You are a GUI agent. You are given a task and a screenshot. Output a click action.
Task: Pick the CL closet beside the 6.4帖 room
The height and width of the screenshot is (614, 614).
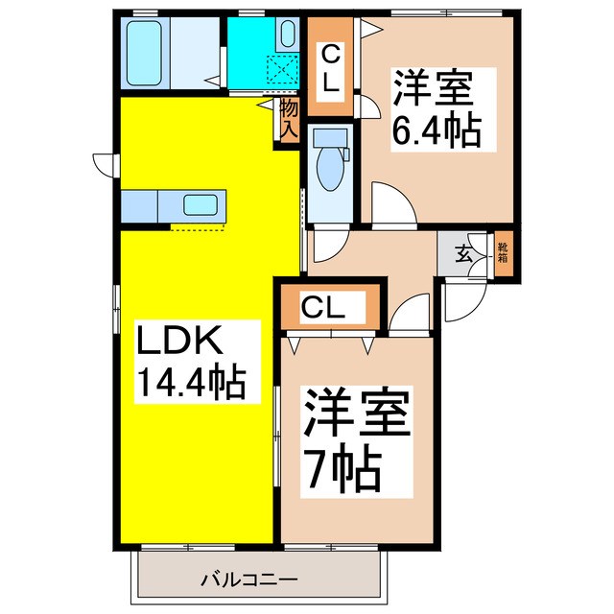click(x=329, y=67)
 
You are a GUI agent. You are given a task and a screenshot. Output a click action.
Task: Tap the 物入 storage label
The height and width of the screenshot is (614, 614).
click(x=289, y=120)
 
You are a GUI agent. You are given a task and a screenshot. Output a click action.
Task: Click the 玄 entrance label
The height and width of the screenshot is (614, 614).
click(x=463, y=254)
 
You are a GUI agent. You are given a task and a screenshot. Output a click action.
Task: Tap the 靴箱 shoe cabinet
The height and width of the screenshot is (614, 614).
click(x=502, y=254)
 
